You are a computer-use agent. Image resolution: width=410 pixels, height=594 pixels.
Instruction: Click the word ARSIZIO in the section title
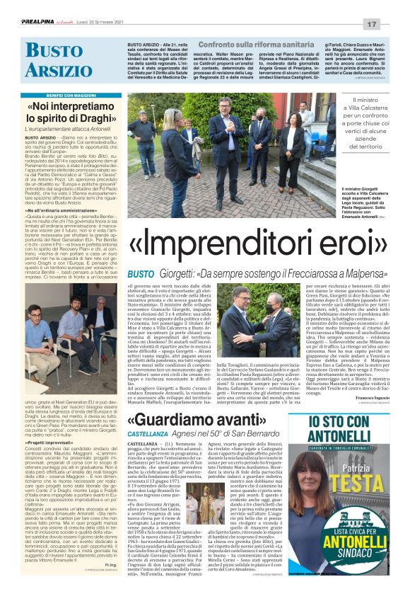[x=50, y=69]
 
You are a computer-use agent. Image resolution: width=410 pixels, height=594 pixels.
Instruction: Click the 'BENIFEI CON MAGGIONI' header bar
[x=64, y=94]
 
